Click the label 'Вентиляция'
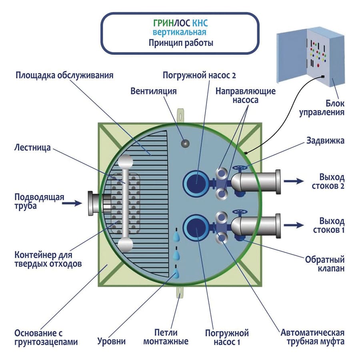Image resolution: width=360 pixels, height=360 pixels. point(154,91)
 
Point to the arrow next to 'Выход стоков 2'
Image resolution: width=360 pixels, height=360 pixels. point(294,181)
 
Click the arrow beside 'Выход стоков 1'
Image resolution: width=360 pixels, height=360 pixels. point(294,225)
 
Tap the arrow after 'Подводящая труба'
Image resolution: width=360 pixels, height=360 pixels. point(72,203)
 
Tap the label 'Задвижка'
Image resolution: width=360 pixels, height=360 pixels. point(325,141)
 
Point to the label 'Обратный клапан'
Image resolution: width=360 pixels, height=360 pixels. point(325,264)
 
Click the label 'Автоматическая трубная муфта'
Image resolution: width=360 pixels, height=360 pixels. point(312,337)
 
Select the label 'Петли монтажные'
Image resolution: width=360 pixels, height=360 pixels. point(166,337)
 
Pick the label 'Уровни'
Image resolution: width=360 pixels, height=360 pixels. point(112,342)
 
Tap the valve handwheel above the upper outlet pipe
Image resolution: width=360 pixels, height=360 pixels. point(239,168)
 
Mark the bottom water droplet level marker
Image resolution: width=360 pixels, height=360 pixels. point(176,275)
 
